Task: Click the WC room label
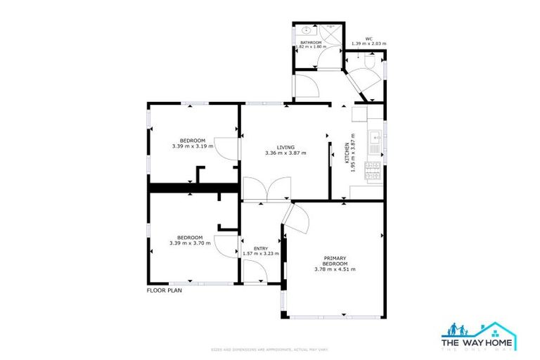pos(368,39)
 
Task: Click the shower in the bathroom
pos(331,32)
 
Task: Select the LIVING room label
pos(285,147)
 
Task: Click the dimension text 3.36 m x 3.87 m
pos(285,153)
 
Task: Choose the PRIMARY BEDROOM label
pos(335,260)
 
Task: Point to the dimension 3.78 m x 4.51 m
pos(335,269)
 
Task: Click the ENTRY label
pos(260,248)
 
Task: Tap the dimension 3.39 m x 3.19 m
pos(192,146)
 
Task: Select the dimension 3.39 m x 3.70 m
pos(190,243)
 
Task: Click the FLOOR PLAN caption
pos(164,290)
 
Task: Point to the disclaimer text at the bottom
pos(270,349)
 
